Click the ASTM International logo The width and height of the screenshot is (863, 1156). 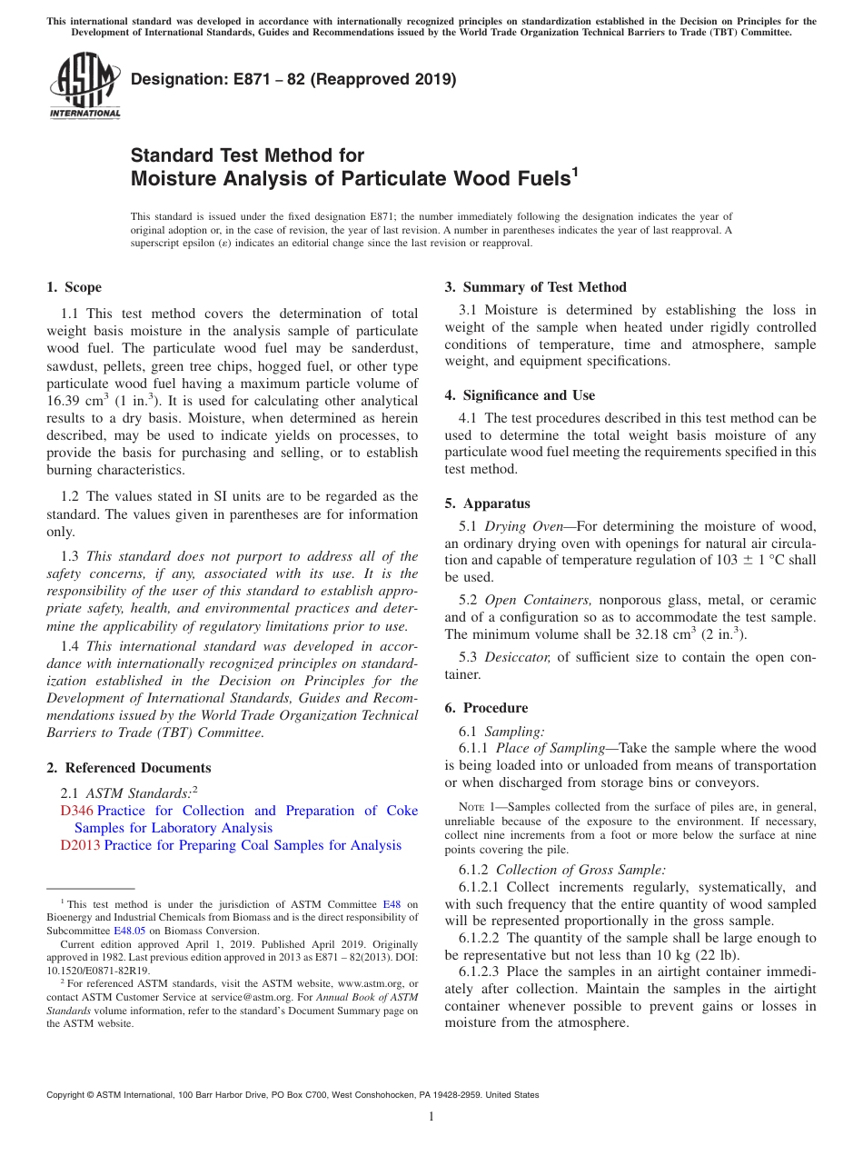[x=84, y=86]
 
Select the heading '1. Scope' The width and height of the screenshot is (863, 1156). [x=74, y=287]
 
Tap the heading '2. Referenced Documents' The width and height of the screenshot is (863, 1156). [x=129, y=768]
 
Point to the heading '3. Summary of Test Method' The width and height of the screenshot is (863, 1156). [x=535, y=287]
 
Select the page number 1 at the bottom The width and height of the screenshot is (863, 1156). [x=431, y=1116]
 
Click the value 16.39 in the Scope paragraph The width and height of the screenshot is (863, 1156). [x=64, y=401]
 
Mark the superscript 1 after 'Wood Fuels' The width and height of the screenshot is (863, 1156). [x=574, y=170]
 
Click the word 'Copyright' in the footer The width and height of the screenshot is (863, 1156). [x=68, y=1095]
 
